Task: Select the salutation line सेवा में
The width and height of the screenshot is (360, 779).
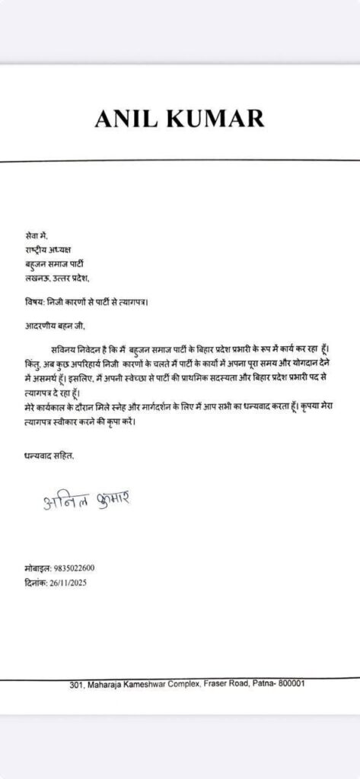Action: point(37,236)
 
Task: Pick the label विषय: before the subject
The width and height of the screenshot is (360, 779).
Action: point(37,302)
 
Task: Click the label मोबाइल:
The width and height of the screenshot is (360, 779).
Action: point(38,568)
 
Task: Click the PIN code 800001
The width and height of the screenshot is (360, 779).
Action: point(290,683)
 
